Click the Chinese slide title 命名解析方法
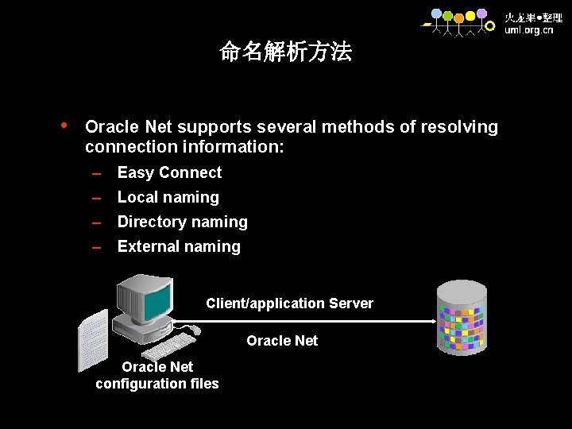[285, 52]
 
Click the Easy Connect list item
[169, 172]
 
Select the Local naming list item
[168, 197]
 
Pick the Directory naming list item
[182, 222]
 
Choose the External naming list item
[179, 246]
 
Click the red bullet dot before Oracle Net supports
[64, 125]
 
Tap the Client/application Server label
[289, 303]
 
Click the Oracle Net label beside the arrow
[282, 341]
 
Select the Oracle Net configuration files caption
[157, 375]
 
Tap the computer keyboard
[168, 346]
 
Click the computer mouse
[194, 330]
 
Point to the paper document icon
[92, 339]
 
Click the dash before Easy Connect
[98, 174]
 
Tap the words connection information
[184, 147]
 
